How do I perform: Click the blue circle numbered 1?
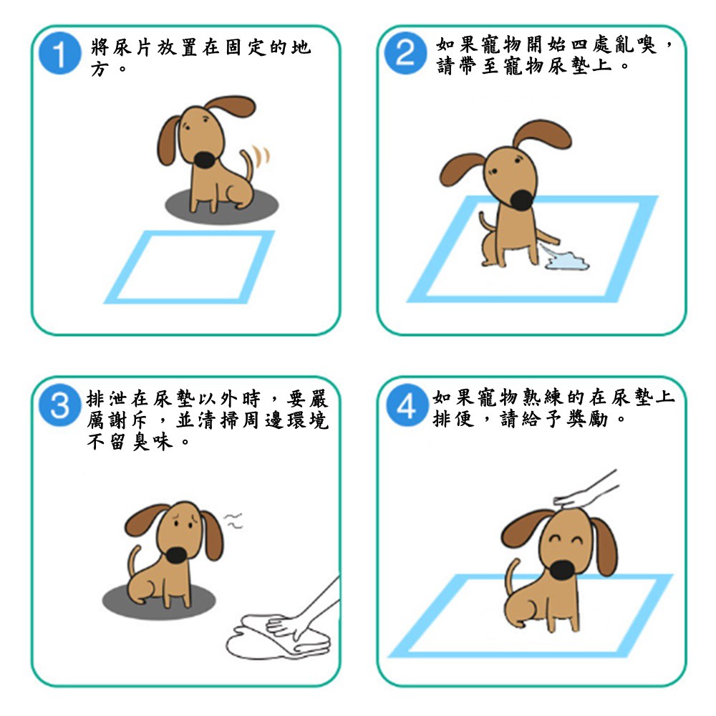point(60,54)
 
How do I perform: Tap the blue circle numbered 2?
point(405,54)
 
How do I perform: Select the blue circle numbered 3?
point(60,405)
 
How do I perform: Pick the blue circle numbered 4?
point(407,405)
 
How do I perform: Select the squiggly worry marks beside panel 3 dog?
point(233,521)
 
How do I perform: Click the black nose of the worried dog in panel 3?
point(176,555)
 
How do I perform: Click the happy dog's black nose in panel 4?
point(563,571)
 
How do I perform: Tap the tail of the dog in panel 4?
point(511,576)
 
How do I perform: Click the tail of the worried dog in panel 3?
point(133,561)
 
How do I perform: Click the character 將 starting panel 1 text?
point(100,47)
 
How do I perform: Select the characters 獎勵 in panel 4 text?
point(587,419)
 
